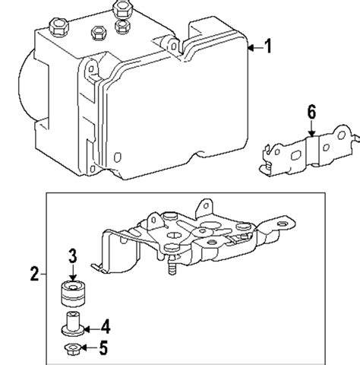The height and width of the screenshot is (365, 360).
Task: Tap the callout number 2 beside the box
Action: [34, 272]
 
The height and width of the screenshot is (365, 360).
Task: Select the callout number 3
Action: [72, 255]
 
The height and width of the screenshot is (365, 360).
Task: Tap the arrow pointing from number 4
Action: [90, 328]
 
